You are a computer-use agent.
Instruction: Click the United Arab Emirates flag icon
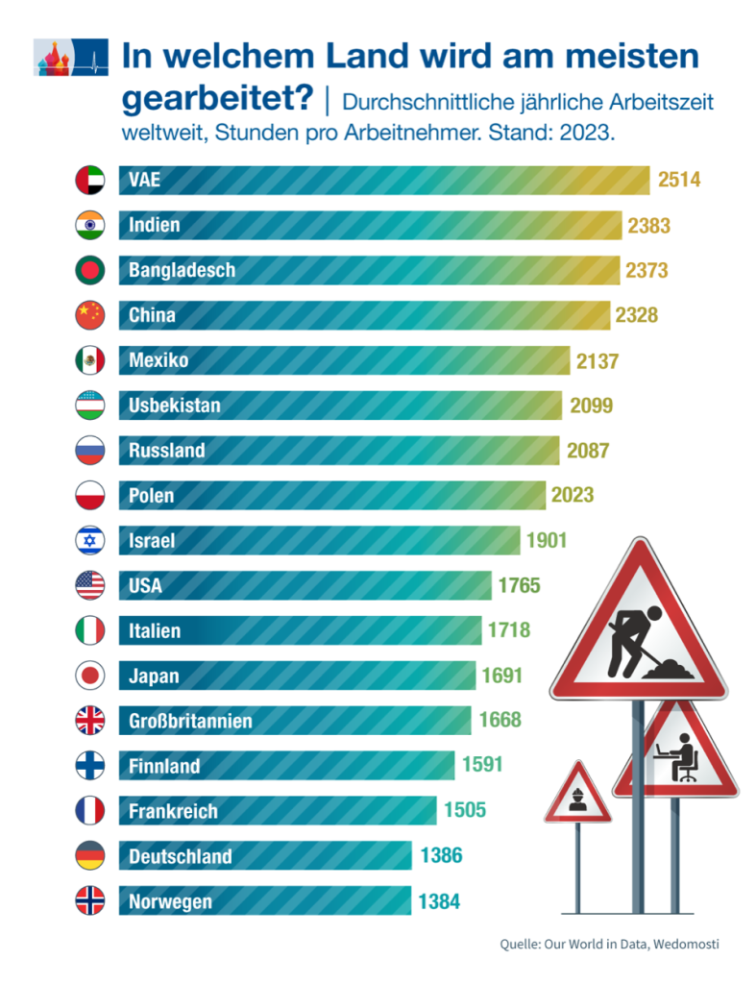tap(89, 181)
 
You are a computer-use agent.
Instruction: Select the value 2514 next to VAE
tap(679, 181)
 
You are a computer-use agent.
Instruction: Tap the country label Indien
tap(155, 226)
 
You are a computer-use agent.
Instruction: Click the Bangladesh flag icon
tap(89, 271)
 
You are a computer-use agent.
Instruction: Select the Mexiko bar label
tap(159, 360)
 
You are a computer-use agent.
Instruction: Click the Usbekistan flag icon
tap(89, 406)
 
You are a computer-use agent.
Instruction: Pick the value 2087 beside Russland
tap(587, 451)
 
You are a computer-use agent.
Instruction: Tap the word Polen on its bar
tap(152, 496)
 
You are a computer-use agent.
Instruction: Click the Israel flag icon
tap(89, 540)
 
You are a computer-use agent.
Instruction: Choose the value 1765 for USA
tap(519, 585)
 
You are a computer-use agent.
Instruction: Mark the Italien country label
tap(155, 630)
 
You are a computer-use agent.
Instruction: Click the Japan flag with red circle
tap(89, 676)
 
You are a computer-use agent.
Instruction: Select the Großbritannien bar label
tap(190, 721)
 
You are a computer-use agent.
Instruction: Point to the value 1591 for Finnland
tap(481, 766)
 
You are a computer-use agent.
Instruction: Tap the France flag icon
tap(89, 810)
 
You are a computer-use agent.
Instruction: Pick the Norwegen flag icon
tap(89, 900)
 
